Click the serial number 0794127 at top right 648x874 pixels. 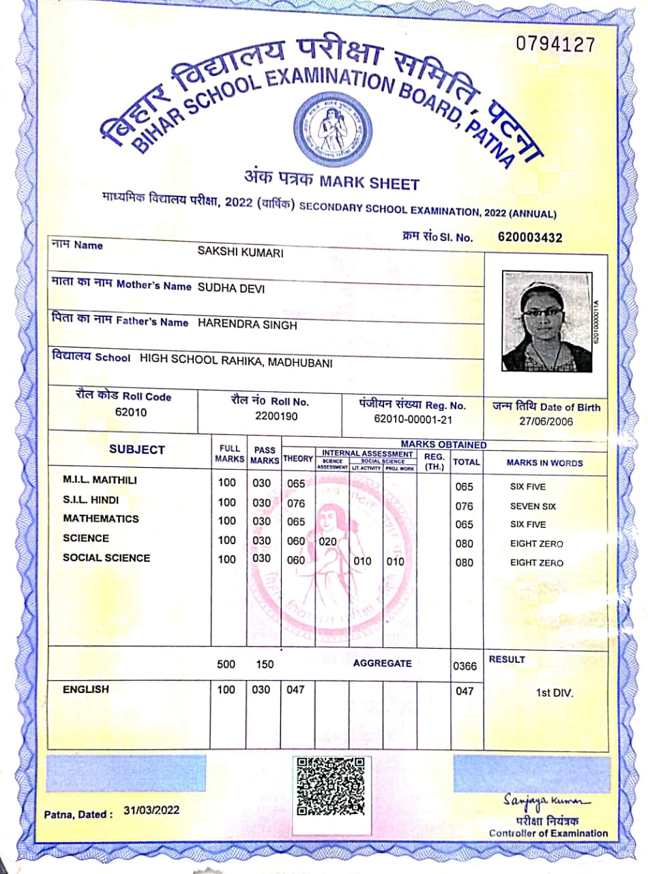(556, 45)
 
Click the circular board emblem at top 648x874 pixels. (333, 129)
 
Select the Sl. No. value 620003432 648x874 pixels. (531, 238)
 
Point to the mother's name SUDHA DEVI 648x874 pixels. (231, 288)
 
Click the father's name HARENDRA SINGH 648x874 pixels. (247, 326)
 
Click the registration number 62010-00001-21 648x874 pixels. (413, 420)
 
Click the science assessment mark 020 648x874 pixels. (328, 541)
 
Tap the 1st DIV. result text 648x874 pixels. (555, 692)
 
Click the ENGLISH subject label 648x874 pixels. (86, 690)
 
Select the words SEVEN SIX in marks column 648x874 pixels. (533, 506)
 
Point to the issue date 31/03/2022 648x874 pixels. (151, 810)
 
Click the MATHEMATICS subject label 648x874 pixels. (100, 519)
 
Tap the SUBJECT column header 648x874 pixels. (136, 449)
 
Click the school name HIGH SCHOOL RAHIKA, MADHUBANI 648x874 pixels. (235, 363)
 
